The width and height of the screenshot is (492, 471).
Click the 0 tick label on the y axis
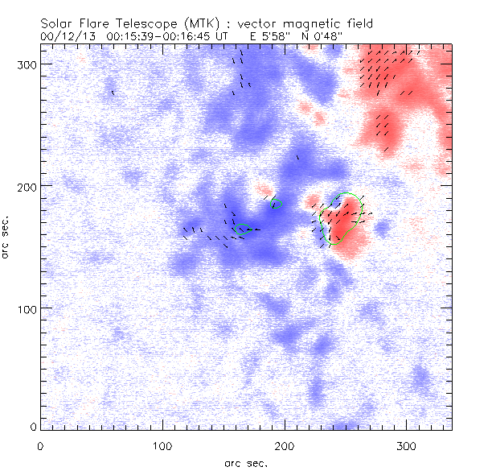[32, 426]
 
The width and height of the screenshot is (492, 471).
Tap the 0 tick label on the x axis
[40, 444]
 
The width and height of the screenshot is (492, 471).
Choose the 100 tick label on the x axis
[162, 444]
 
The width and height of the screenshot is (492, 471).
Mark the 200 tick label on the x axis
[285, 444]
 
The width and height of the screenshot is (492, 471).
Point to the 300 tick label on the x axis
[407, 444]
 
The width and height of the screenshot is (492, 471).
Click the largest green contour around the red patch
[361, 211]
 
